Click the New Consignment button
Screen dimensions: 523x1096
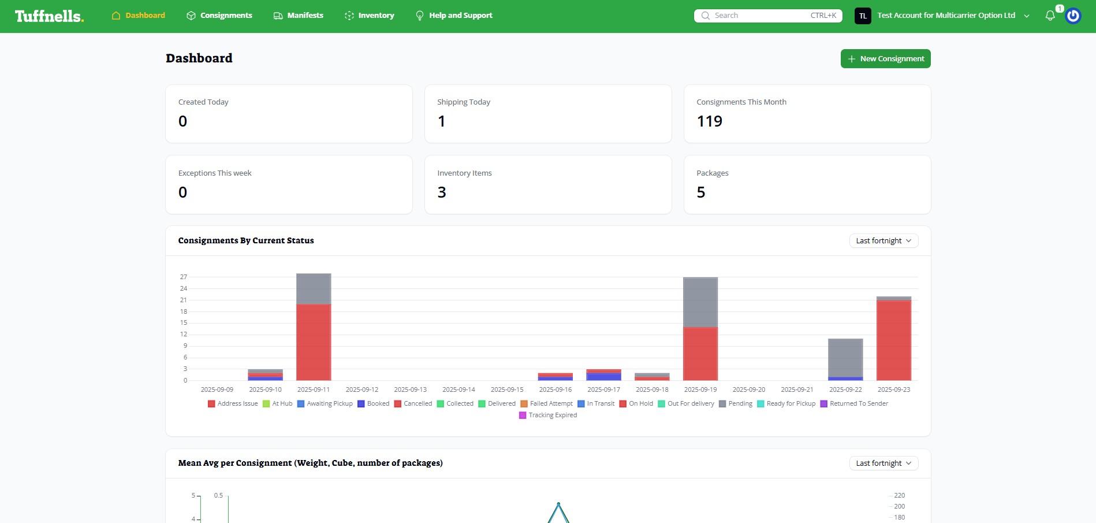(885, 59)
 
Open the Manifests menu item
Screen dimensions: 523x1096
(298, 16)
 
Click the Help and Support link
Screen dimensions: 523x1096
(454, 16)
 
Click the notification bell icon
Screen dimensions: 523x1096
(1050, 16)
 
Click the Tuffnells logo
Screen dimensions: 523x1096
(49, 16)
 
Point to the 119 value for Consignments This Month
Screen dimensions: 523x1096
(709, 121)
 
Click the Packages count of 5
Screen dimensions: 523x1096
(701, 192)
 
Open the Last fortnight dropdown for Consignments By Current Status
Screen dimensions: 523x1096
(883, 241)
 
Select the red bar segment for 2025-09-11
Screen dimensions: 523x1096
(314, 342)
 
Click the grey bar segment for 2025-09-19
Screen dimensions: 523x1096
(700, 302)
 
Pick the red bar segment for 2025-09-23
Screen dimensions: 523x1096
(893, 340)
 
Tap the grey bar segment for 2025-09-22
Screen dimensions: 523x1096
(845, 358)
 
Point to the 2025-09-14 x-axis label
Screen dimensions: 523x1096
(458, 390)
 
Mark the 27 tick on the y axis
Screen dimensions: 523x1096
(184, 277)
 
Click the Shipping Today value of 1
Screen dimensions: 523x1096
(442, 121)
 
